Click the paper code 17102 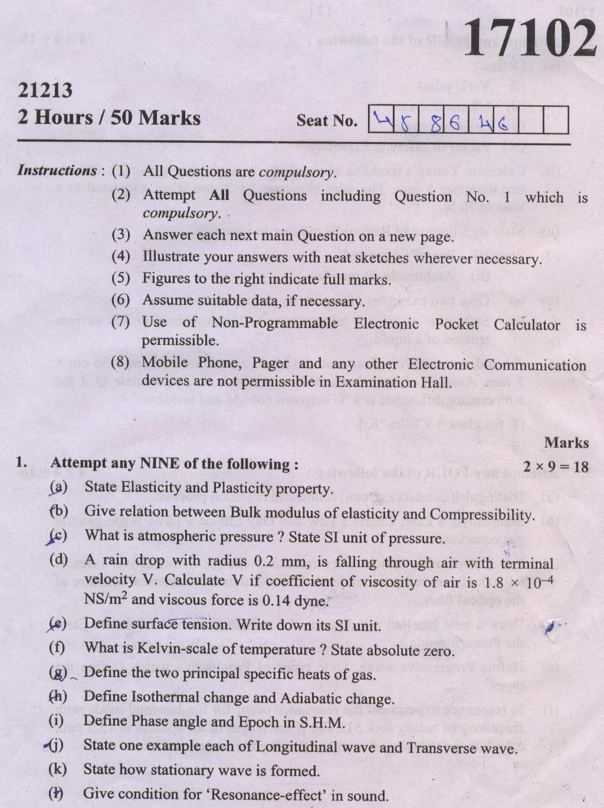pyautogui.click(x=528, y=38)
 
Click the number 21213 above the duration pyautogui.click(x=45, y=90)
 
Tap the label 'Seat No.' pyautogui.click(x=327, y=121)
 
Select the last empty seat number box pyautogui.click(x=555, y=120)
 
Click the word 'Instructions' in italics pyautogui.click(x=57, y=170)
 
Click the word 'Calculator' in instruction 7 pyautogui.click(x=527, y=324)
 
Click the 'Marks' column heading pyautogui.click(x=566, y=442)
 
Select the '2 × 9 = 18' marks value pyautogui.click(x=556, y=467)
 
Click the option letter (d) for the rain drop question pyautogui.click(x=58, y=559)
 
